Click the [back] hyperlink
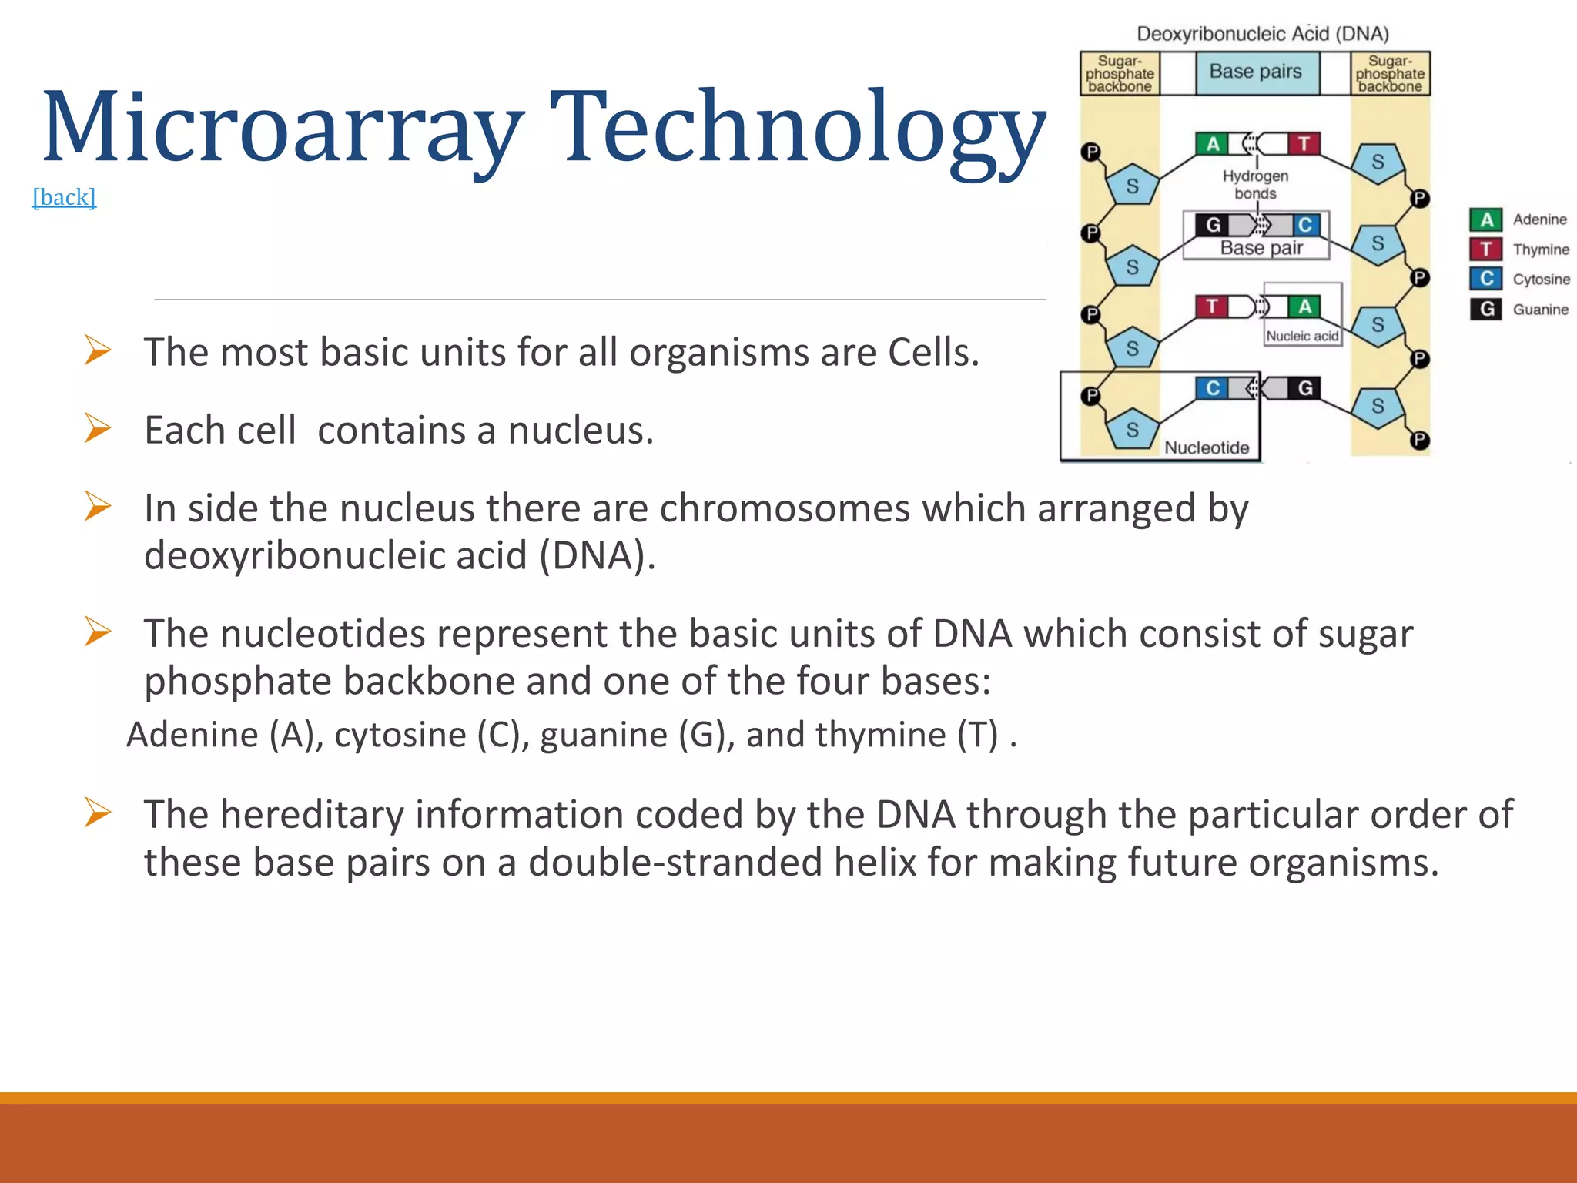(64, 197)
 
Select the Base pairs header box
(1256, 72)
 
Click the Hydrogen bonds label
(1255, 185)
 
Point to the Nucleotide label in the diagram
(1206, 447)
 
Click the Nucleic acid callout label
(1302, 336)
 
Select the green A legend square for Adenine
(1485, 220)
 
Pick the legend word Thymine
(1540, 250)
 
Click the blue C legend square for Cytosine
(1485, 279)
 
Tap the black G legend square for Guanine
(1485, 309)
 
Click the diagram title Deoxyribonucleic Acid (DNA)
(1262, 34)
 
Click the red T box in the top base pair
(1304, 144)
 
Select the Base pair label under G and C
(1261, 248)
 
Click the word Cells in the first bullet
(932, 353)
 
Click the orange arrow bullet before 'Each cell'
(98, 428)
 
